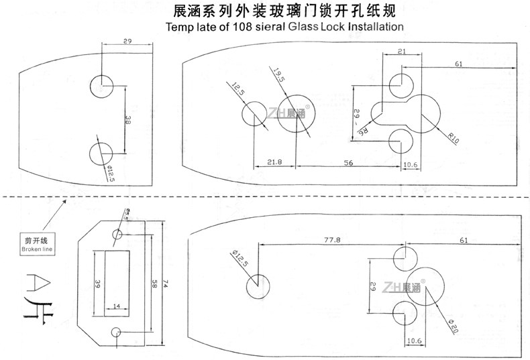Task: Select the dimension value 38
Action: pos(127,120)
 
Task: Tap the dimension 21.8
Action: pos(274,162)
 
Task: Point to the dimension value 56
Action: pos(348,162)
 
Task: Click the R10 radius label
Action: pos(454,140)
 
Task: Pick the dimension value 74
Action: pos(164,284)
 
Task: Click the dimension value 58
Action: pos(154,284)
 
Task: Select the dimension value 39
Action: pos(98,284)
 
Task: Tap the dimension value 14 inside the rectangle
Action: pos(117,306)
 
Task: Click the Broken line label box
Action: pos(38,243)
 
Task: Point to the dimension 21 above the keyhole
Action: pos(401,52)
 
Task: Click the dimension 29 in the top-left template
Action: pos(127,42)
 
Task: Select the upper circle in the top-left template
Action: pos(102,86)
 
